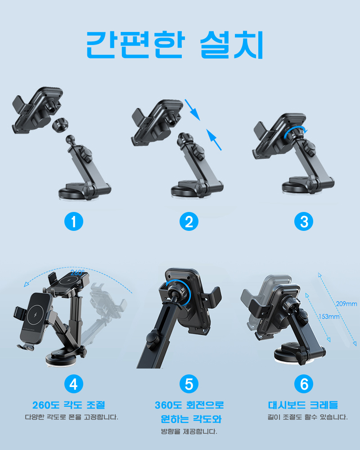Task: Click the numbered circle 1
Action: (74, 221)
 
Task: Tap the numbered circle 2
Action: (189, 221)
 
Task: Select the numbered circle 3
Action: (304, 221)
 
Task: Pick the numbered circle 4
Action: (74, 384)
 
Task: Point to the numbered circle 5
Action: (189, 384)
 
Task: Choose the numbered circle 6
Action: (304, 384)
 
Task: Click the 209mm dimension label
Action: (346, 304)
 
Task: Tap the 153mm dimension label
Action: (329, 316)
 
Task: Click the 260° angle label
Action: (77, 273)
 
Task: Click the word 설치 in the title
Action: (232, 45)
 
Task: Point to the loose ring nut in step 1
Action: (60, 125)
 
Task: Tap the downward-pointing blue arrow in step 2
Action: (192, 110)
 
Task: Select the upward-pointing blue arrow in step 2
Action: (214, 139)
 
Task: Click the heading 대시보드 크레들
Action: (303, 405)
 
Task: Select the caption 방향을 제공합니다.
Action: (189, 432)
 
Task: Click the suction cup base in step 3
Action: (298, 187)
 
